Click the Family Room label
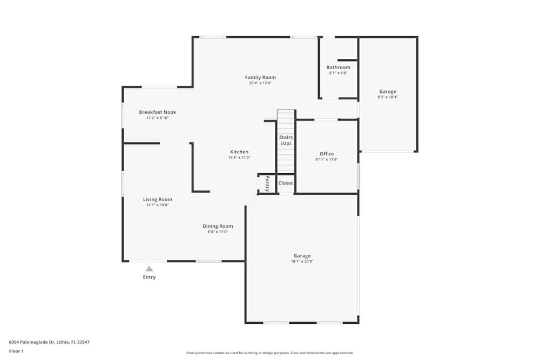[260, 77]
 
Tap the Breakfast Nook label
[158, 112]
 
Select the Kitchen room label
[239, 152]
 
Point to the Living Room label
[158, 199]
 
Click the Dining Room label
[218, 226]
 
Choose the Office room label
[327, 154]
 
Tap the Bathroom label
[338, 67]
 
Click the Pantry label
[267, 184]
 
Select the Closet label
[286, 183]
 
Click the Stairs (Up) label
[286, 140]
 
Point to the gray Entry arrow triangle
[149, 268]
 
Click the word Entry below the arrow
[149, 277]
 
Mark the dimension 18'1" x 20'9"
[302, 261]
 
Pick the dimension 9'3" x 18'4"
[387, 98]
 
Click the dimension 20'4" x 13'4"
[260, 83]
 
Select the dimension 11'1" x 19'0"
[158, 205]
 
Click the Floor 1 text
[16, 351]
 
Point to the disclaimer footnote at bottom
[270, 353]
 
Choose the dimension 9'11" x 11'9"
[327, 160]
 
